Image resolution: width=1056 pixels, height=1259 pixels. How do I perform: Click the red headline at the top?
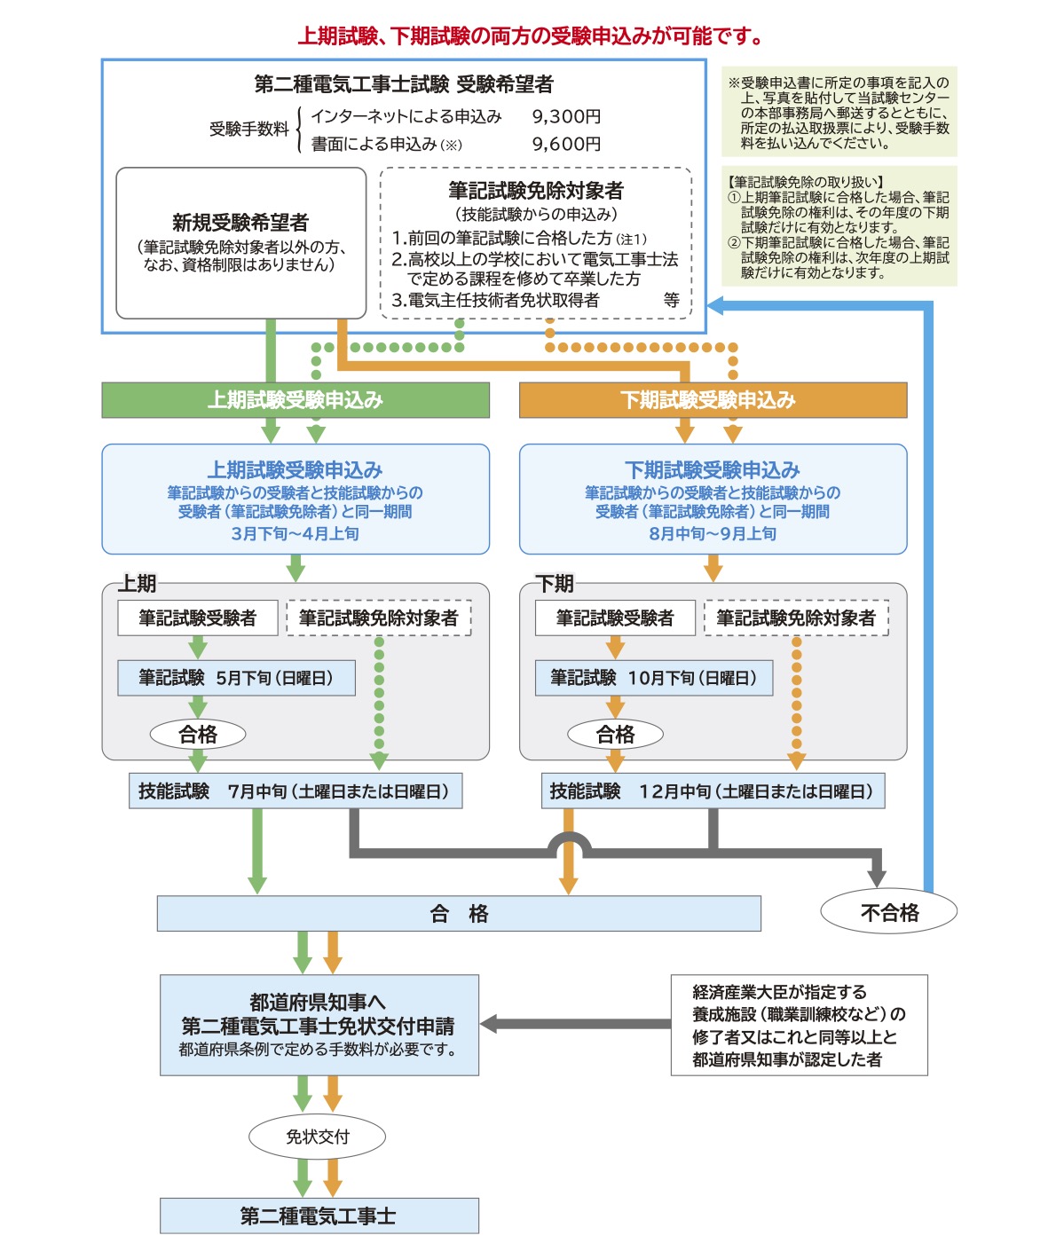coord(530,36)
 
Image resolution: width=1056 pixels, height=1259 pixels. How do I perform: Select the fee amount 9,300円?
coord(566,116)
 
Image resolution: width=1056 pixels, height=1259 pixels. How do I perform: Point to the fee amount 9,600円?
coord(566,144)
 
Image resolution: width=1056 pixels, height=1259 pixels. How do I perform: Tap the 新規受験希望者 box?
coord(240,242)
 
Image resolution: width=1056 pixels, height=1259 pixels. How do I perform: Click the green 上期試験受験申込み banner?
coord(296,400)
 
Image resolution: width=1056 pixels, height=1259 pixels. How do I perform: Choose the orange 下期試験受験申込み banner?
coord(713,400)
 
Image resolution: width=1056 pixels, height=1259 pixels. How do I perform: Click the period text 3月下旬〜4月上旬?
coord(295,533)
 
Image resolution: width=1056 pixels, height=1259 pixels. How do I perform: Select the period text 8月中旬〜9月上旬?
coord(713,533)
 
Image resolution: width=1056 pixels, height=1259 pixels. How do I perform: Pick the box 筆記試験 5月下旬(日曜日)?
coord(236,678)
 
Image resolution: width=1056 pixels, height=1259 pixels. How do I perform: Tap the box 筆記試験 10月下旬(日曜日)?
coord(653,678)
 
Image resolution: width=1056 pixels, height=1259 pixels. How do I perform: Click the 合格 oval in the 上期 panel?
coord(198,734)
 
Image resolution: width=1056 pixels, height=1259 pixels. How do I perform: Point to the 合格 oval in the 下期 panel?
coord(615,734)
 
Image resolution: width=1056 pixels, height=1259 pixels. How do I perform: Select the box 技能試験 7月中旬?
coord(296,791)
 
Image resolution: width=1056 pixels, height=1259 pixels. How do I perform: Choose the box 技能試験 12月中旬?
coord(713,791)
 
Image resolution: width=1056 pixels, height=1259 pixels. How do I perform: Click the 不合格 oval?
coord(889,912)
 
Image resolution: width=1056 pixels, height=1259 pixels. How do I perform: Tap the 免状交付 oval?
coord(318,1137)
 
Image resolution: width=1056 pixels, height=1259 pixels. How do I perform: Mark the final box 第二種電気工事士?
coord(319,1216)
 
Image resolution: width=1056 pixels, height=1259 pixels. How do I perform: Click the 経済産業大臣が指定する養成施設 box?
coord(799,1025)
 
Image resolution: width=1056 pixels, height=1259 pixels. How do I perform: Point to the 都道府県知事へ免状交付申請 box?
coord(319,1025)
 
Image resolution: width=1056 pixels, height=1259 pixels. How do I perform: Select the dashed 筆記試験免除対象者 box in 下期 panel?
coord(796,618)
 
